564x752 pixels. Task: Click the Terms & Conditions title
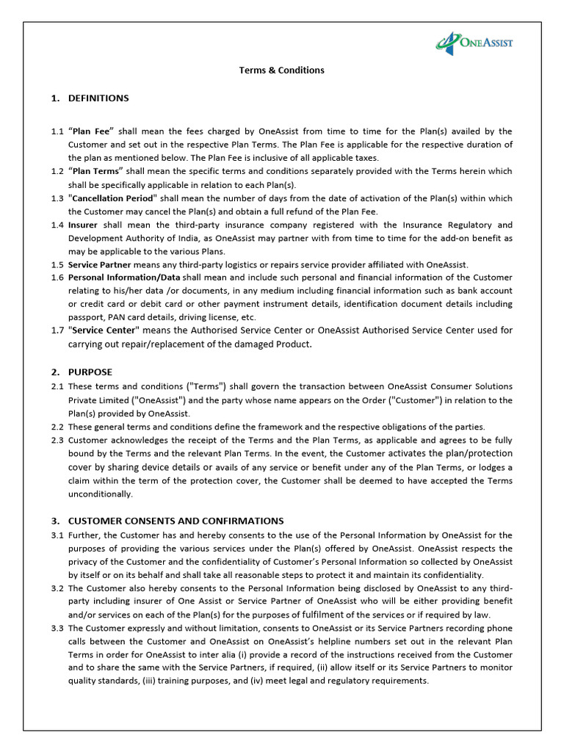(281, 70)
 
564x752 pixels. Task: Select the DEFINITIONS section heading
(98, 98)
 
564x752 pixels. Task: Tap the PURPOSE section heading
(90, 372)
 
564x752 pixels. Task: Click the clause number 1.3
(57, 198)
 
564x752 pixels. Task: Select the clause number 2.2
(57, 427)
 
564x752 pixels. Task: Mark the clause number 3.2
(57, 589)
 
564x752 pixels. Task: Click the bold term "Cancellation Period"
(112, 198)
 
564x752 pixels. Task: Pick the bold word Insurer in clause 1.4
(83, 225)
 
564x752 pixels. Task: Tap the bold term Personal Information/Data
(124, 278)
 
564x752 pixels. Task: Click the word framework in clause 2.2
(281, 427)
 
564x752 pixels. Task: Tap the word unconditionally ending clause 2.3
(101, 494)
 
